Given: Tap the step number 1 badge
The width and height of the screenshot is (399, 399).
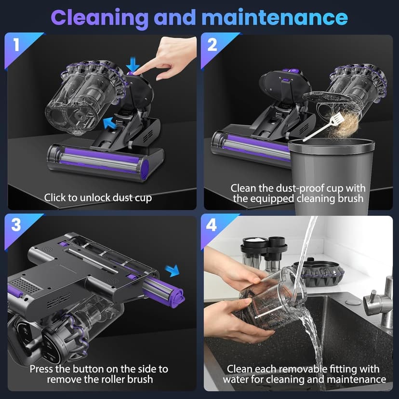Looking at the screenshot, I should point(16,45).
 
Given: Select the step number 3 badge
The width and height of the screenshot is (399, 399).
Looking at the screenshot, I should point(16,226).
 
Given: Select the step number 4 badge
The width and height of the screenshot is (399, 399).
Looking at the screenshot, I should point(212,226).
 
